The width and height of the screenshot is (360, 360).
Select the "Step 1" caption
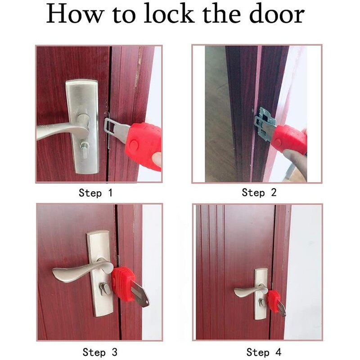tap(95, 193)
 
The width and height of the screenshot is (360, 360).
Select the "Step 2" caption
tap(259, 193)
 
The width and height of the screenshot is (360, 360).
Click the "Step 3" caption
tap(99, 351)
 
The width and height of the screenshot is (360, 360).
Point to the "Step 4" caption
tap(264, 351)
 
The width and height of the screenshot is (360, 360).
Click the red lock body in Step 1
tap(143, 143)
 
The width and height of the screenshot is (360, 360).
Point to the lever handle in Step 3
tap(74, 272)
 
